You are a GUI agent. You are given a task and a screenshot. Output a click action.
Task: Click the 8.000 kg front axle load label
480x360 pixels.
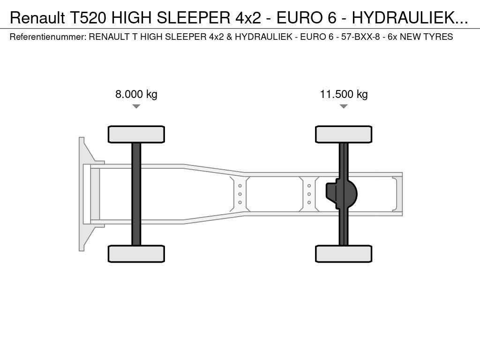136,94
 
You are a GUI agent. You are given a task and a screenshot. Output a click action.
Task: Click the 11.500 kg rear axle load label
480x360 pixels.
344,94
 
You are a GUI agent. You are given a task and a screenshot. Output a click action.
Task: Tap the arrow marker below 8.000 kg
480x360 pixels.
136,106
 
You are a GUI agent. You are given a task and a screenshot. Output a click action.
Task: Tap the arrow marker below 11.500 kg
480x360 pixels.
344,106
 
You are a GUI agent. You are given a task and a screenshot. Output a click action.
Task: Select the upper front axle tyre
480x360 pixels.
136,134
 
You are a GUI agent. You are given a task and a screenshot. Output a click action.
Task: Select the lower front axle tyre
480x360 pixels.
136,254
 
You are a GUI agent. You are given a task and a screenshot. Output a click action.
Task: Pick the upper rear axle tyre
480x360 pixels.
344,134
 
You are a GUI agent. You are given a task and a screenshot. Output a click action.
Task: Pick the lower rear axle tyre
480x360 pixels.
344,254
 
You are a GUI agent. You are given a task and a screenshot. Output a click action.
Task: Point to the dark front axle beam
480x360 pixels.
136,194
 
